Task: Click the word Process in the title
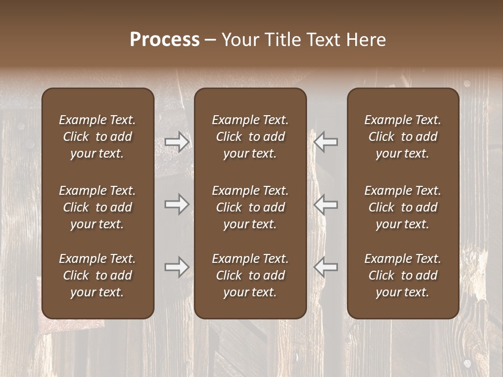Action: pos(165,40)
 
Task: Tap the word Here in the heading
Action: pos(366,40)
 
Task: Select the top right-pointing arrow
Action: pos(177,142)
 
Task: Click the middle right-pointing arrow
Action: pos(177,204)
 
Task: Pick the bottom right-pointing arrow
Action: pos(177,267)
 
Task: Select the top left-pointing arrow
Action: pos(325,142)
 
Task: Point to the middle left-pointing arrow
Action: pos(325,204)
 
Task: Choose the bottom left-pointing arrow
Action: pos(325,267)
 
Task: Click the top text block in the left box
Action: pos(97,137)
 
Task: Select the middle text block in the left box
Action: pos(97,207)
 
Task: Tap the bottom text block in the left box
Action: pos(97,275)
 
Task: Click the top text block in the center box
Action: pos(250,137)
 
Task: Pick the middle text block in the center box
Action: pos(250,207)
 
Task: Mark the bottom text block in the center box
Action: pos(250,275)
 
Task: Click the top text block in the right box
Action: pos(403,137)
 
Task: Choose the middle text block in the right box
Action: pos(403,207)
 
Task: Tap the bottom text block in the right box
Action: pos(403,275)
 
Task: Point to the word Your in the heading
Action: pos(239,40)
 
